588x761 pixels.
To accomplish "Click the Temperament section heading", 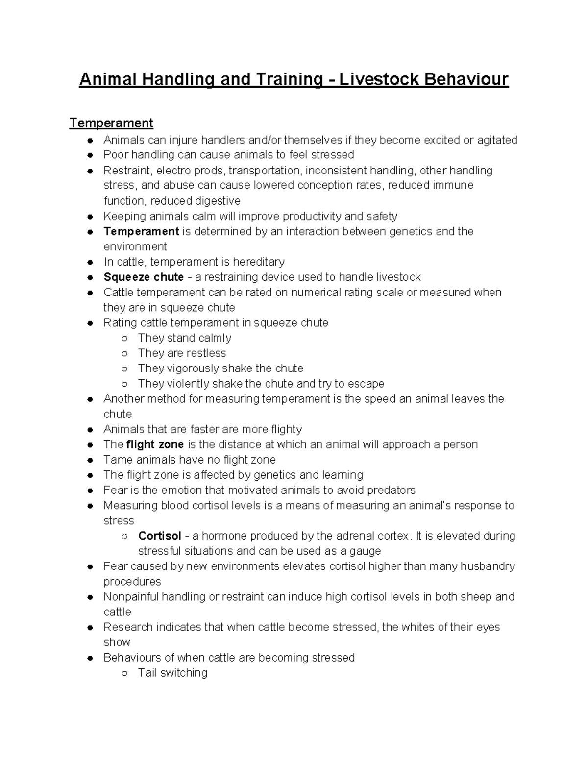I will pos(111,123).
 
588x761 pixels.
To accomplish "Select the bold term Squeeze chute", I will pos(144,277).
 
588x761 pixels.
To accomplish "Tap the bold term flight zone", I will pos(155,444).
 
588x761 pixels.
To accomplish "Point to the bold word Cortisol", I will pos(160,536).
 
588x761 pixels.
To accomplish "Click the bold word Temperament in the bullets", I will pos(141,231).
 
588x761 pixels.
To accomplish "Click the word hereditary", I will pos(259,262).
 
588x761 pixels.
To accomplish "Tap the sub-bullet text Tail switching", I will pos(172,673).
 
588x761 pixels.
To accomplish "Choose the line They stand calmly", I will pos(185,338).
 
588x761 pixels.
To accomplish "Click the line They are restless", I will pos(182,353).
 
